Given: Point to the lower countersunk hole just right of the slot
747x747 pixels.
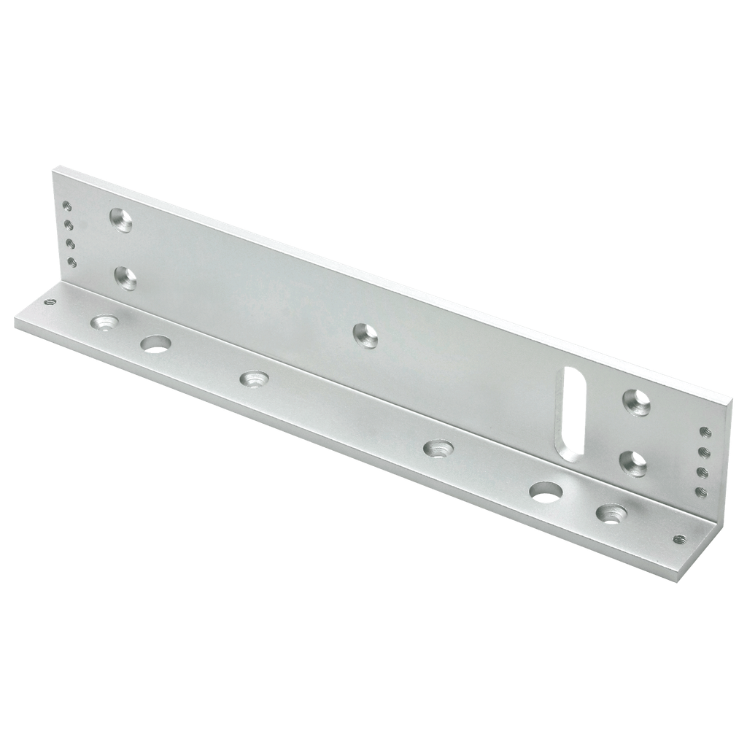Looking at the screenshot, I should [x=632, y=462].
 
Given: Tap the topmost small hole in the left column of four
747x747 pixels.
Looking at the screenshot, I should [x=67, y=206].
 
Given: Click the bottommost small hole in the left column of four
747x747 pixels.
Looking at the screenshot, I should [x=71, y=261].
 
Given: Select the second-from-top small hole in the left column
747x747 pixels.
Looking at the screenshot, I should [x=69, y=225].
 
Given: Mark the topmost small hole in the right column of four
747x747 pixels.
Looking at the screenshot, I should [x=705, y=432].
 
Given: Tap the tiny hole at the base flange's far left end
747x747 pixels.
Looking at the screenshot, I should [x=50, y=300].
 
